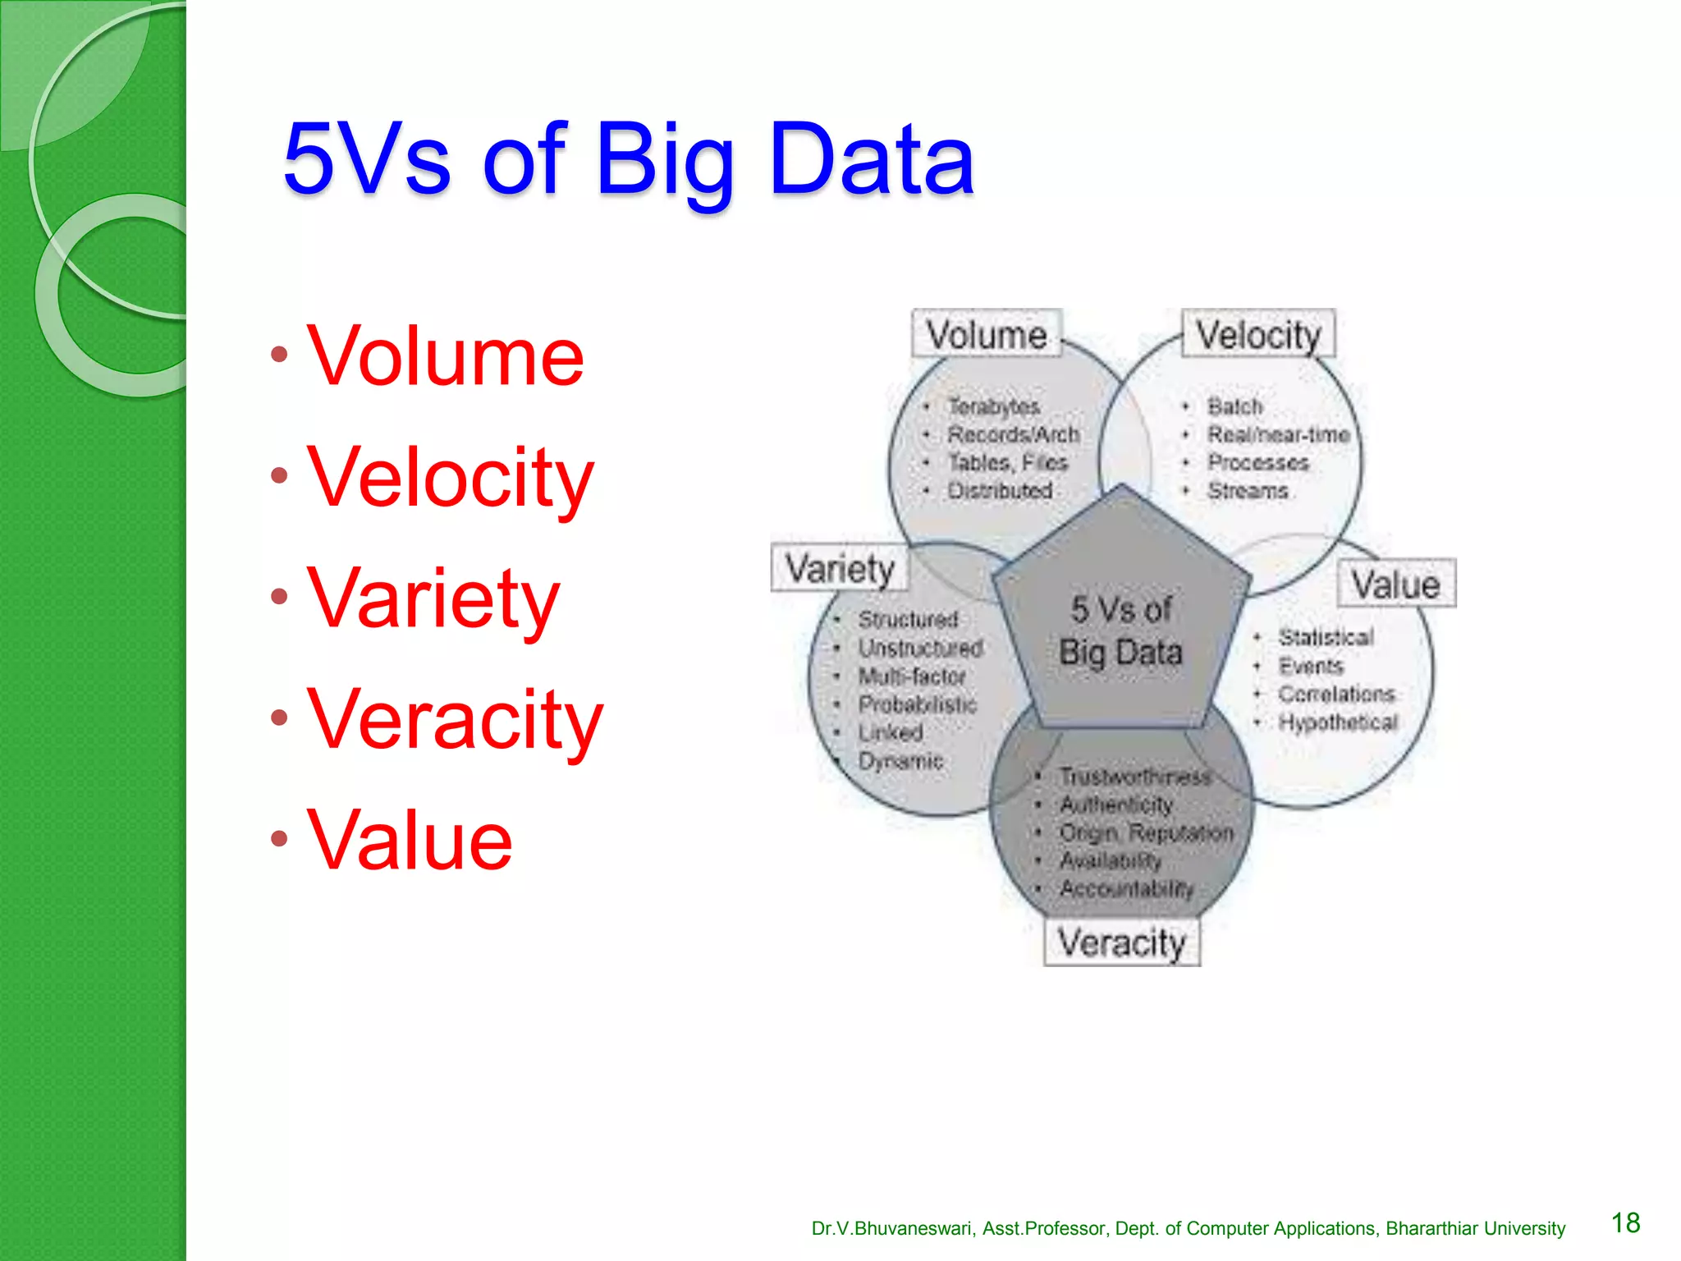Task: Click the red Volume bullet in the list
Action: click(x=445, y=356)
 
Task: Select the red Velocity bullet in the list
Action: click(x=450, y=477)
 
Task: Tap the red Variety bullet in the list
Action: click(x=433, y=598)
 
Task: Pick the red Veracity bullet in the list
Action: click(x=455, y=719)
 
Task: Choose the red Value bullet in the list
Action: click(x=410, y=840)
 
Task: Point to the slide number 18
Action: click(x=1625, y=1222)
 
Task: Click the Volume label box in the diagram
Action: click(x=987, y=335)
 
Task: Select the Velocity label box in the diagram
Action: click(x=1257, y=335)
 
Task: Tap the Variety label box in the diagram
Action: click(x=840, y=568)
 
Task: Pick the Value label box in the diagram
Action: click(x=1396, y=585)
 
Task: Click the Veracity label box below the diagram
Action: click(x=1121, y=942)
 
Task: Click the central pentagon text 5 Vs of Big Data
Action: click(x=1121, y=630)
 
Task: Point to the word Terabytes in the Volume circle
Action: click(x=994, y=406)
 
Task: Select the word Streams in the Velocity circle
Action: click(x=1248, y=491)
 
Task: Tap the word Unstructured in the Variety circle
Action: click(x=920, y=648)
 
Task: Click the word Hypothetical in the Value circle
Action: click(x=1338, y=722)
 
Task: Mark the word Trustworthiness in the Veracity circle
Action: click(x=1134, y=777)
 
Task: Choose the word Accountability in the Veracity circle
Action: click(x=1126, y=888)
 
